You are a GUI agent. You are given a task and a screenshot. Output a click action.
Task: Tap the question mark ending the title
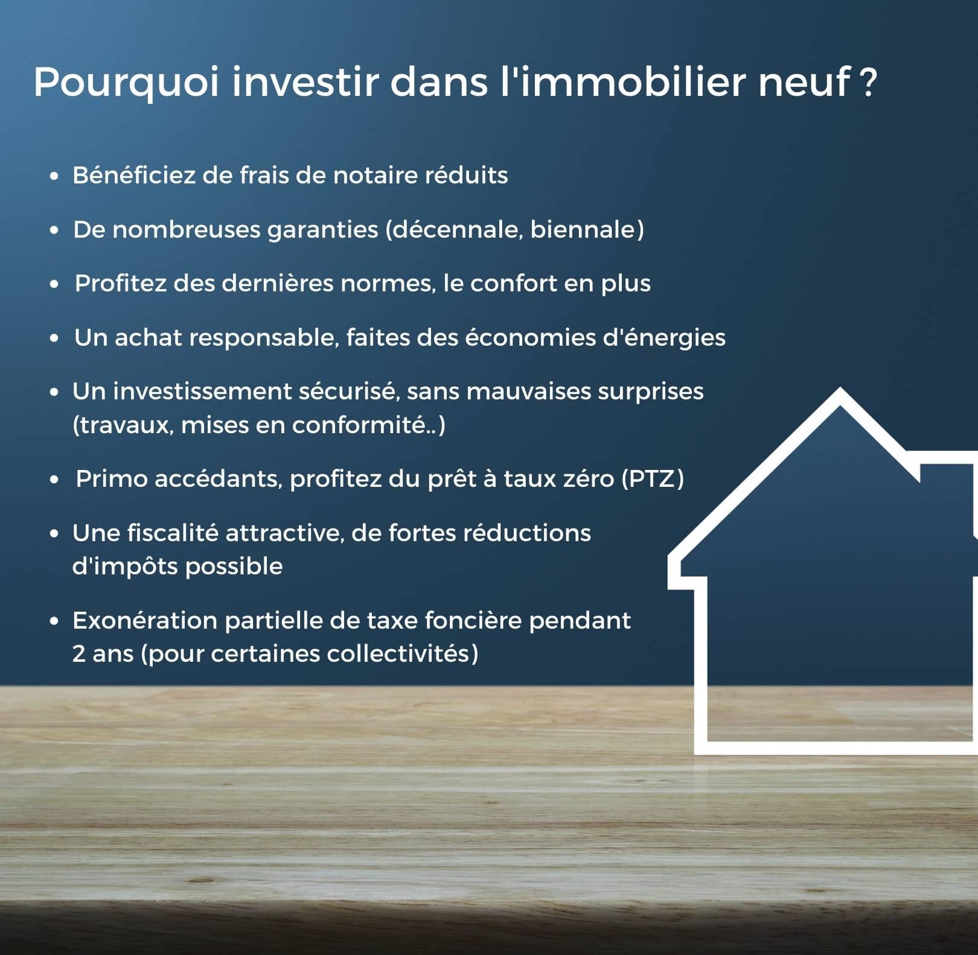[868, 81]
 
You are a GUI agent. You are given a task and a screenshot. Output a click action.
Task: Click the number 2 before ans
[78, 654]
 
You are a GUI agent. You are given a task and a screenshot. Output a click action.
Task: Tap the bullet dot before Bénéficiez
[55, 176]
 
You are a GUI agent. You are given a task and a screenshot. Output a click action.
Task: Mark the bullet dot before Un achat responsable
[55, 338]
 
